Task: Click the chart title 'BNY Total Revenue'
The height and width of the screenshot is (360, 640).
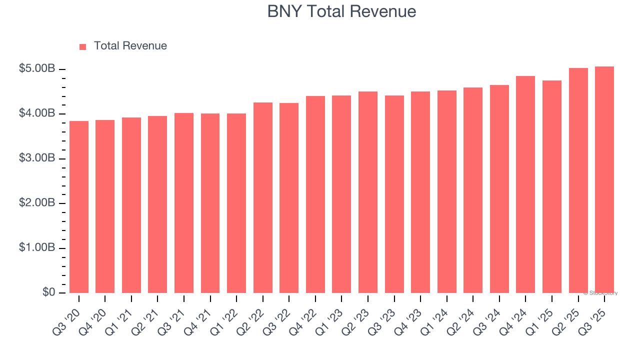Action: click(x=341, y=11)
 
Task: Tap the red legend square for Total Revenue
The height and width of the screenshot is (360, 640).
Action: click(x=83, y=46)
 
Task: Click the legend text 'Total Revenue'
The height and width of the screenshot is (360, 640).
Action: click(x=130, y=46)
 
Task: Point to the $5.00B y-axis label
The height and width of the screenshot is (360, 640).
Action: click(x=36, y=69)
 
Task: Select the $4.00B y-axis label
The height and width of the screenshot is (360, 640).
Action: click(x=36, y=113)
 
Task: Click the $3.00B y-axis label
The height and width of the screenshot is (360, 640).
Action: click(x=36, y=158)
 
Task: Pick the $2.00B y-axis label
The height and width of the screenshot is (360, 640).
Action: click(x=36, y=203)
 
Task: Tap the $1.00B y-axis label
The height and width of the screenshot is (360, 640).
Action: click(x=36, y=248)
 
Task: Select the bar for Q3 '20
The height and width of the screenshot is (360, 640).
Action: click(x=79, y=207)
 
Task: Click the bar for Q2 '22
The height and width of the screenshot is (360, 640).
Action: click(x=263, y=198)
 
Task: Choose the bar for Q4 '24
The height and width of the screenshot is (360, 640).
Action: click(x=525, y=184)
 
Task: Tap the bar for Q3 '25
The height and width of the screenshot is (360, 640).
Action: click(x=604, y=180)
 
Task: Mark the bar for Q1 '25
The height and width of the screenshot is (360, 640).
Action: click(x=552, y=187)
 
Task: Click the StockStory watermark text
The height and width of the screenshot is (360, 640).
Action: click(x=600, y=293)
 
